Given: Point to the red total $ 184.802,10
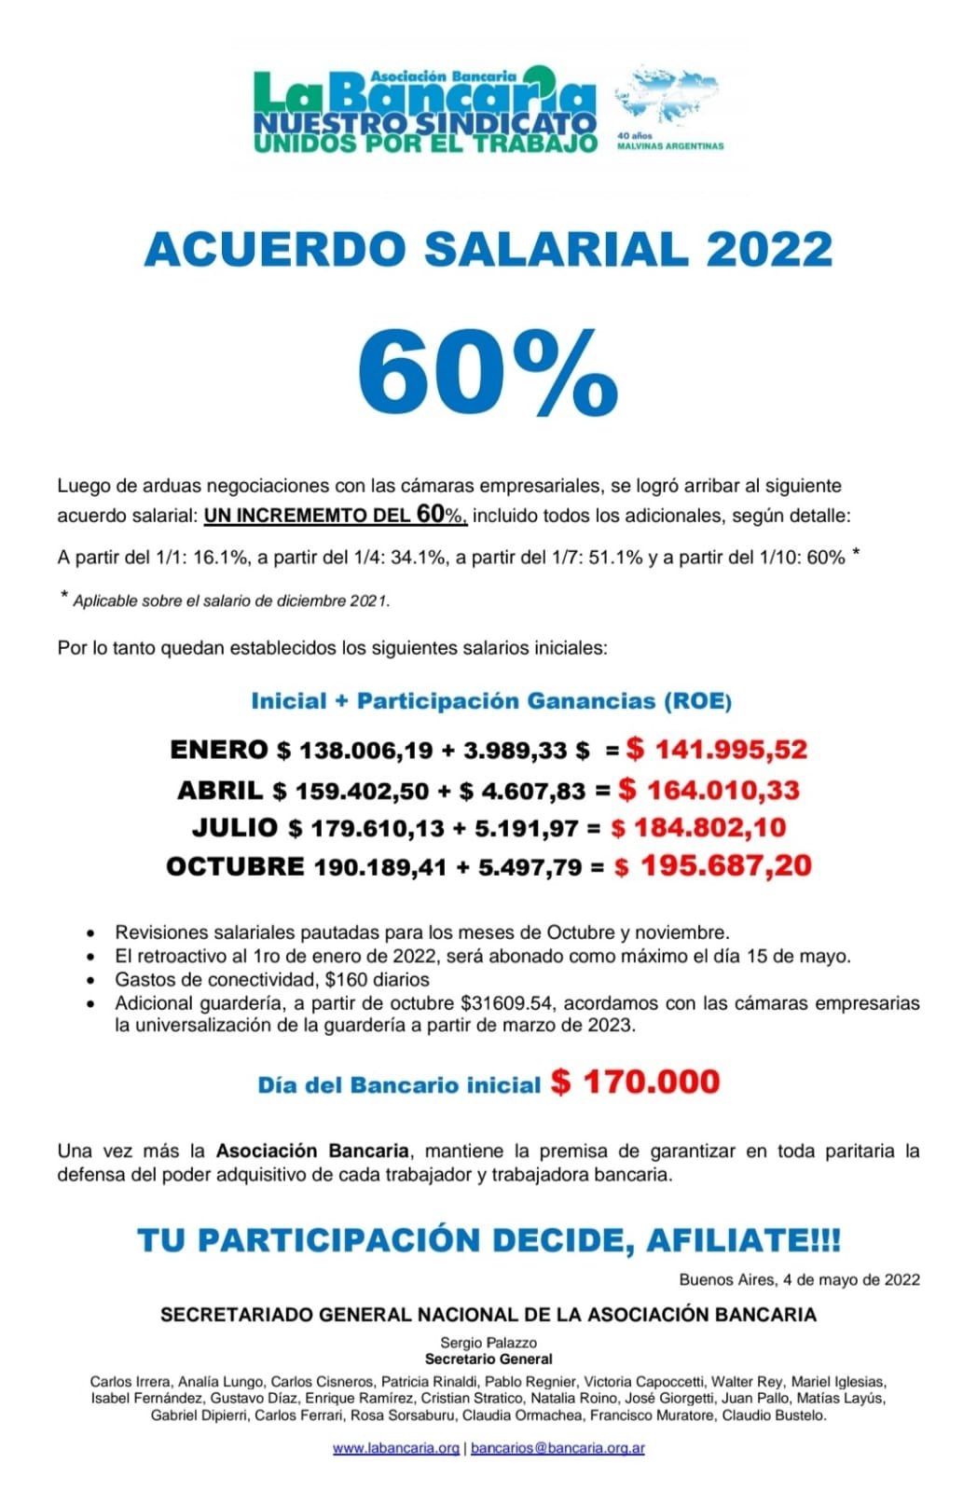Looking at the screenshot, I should pyautogui.click(x=698, y=827).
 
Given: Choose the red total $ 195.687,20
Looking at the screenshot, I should pyautogui.click(x=713, y=865).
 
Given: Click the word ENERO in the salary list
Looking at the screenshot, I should pyautogui.click(x=219, y=750).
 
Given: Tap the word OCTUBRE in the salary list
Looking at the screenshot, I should pyautogui.click(x=235, y=866).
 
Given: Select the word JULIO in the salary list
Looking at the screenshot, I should pyautogui.click(x=235, y=827).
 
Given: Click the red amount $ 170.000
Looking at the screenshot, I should pyautogui.click(x=636, y=1082).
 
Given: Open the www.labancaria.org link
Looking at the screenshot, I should pyautogui.click(x=396, y=1448).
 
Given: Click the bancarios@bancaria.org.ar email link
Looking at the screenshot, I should pyautogui.click(x=557, y=1448).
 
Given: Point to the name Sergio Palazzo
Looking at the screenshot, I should pyautogui.click(x=488, y=1343).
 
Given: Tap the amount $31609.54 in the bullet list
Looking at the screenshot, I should pyautogui.click(x=508, y=1003).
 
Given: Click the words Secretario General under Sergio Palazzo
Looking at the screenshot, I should pyautogui.click(x=488, y=1359).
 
